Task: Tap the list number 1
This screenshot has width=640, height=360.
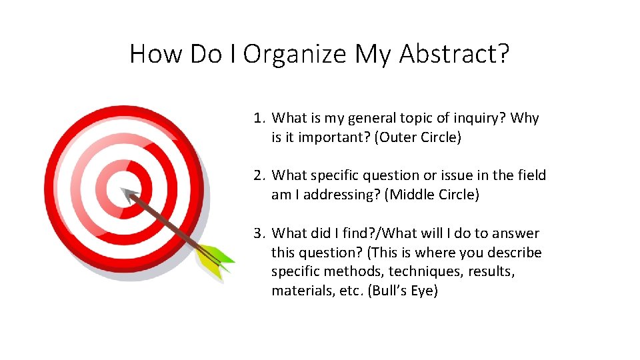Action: pyautogui.click(x=259, y=118)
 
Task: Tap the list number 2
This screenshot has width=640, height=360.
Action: pyautogui.click(x=259, y=175)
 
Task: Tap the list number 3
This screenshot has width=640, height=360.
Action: pyautogui.click(x=259, y=233)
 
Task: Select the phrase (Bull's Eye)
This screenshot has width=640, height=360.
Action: pyautogui.click(x=403, y=291)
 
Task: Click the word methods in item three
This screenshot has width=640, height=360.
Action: pyautogui.click(x=356, y=272)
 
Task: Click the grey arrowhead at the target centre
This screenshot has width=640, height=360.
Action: pyautogui.click(x=128, y=194)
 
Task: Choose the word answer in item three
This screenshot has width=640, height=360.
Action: pyautogui.click(x=517, y=233)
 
